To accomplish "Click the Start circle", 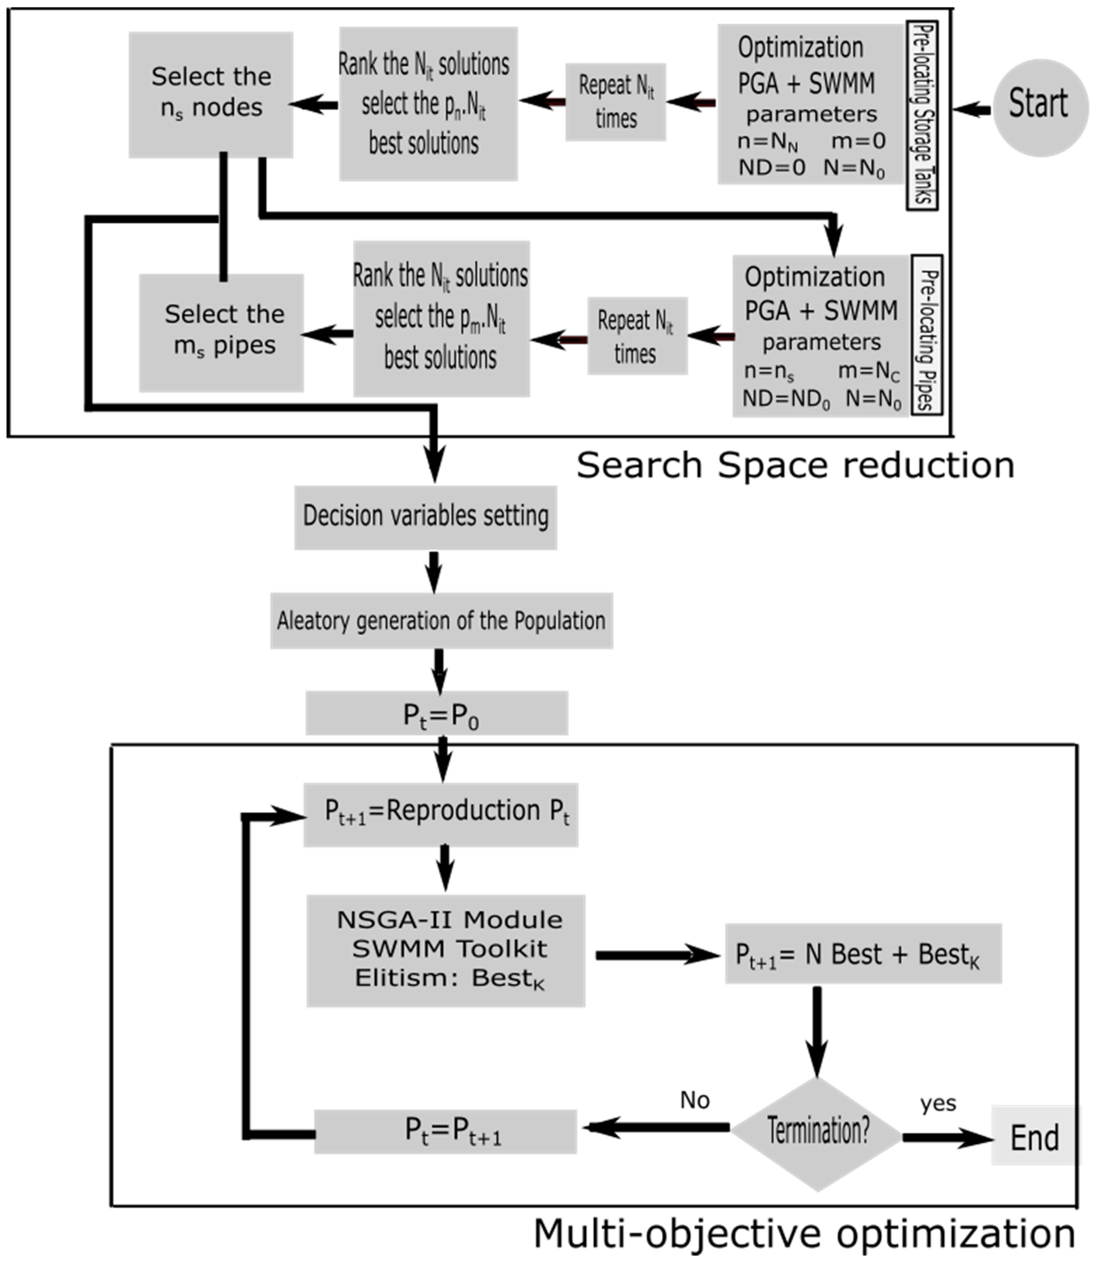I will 1040,108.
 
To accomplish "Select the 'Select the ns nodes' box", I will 211,94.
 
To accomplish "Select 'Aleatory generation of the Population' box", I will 441,620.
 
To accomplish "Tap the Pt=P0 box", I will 436,713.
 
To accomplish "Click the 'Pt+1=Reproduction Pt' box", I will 441,814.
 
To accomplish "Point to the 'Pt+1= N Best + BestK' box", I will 863,954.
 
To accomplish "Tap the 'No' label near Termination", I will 695,1100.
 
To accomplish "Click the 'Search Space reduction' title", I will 795,466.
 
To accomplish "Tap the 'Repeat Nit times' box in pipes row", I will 637,336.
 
